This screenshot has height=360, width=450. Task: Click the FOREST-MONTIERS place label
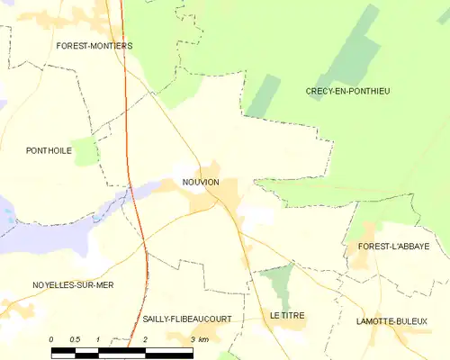[94, 46]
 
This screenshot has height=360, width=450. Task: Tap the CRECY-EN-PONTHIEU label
[347, 91]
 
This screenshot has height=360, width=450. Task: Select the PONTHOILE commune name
[49, 151]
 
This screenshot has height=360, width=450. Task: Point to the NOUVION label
[202, 183]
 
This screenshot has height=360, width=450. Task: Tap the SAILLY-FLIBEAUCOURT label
[187, 319]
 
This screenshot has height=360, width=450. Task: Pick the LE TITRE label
[287, 315]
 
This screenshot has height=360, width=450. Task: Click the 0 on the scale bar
[51, 339]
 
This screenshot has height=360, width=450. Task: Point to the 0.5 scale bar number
[75, 339]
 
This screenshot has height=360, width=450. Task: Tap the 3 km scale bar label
[199, 339]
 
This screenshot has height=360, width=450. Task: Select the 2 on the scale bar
[145, 339]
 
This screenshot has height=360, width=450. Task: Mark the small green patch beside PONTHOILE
[85, 150]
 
